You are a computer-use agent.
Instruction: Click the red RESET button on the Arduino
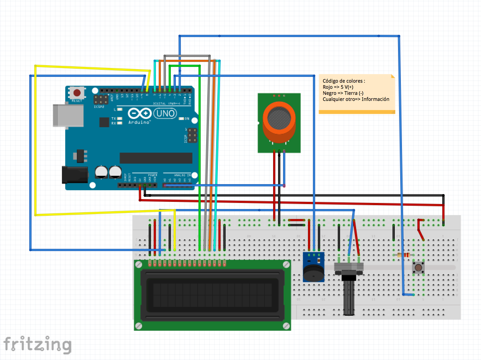tap(77, 93)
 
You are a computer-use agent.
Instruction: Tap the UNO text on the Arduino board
tap(165, 113)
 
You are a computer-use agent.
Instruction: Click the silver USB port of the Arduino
tap(68, 115)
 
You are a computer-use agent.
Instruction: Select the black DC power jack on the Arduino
tap(75, 175)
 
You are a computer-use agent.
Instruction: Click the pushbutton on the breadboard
tap(418, 268)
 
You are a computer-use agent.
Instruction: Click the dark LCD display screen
tap(212, 295)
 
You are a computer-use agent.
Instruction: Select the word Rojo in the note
tap(328, 87)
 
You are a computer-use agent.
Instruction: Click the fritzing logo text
tap(38, 345)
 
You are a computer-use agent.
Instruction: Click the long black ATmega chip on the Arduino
tap(156, 158)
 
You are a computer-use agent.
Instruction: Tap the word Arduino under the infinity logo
tap(139, 122)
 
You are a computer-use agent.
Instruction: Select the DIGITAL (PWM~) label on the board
tap(167, 103)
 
